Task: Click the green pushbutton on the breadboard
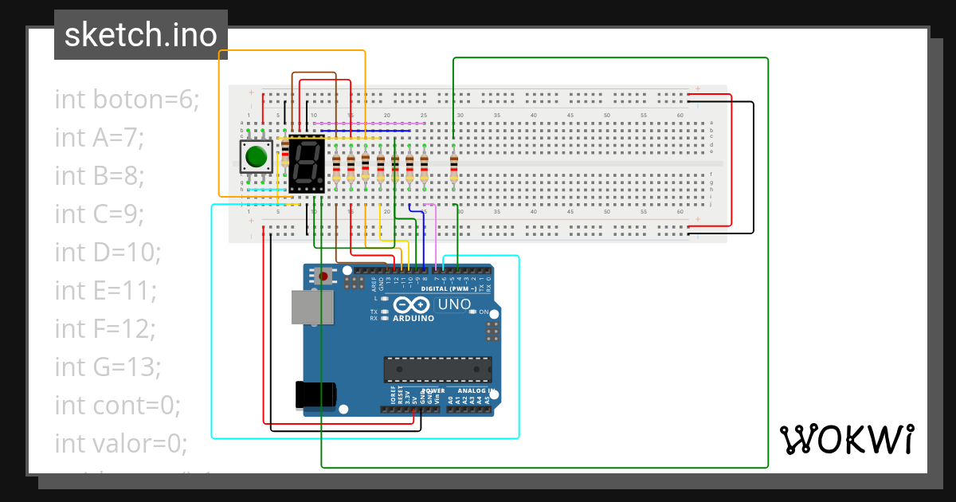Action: point(256,156)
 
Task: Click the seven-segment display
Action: point(307,165)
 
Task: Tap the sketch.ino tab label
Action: point(140,35)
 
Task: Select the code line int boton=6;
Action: point(127,100)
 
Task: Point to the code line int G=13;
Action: point(108,367)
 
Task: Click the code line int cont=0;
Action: point(118,406)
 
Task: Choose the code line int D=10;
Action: point(108,253)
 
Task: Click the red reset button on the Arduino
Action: point(323,276)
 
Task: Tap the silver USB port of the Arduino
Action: point(311,307)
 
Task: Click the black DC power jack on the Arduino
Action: point(315,395)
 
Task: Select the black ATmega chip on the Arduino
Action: point(437,370)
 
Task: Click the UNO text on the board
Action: point(455,304)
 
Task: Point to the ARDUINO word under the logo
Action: point(413,318)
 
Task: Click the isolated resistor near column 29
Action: point(453,167)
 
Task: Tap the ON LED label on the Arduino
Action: point(483,312)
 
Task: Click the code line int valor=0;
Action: point(120,443)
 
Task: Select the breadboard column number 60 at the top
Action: point(680,116)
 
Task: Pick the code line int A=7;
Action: point(99,138)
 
